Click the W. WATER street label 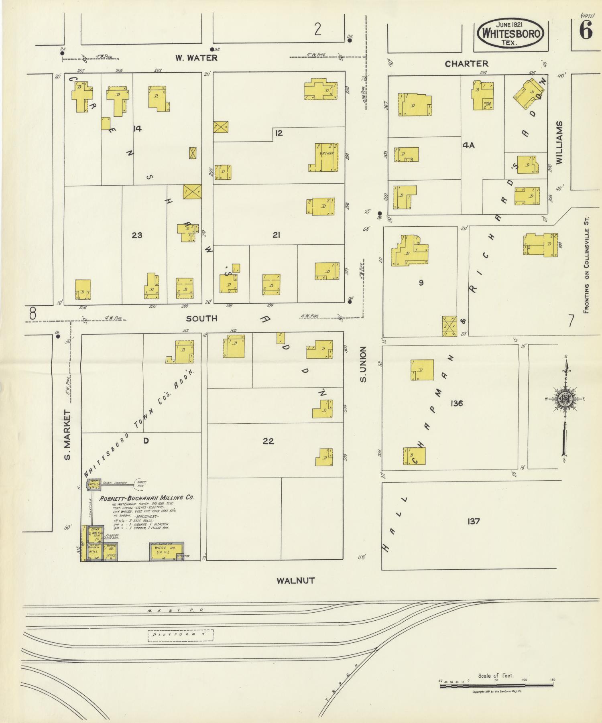(196, 58)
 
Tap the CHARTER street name (466, 63)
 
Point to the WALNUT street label (296, 580)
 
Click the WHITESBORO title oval (510, 33)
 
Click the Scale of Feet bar (496, 686)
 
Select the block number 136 (457, 403)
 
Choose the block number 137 (474, 521)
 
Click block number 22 (268, 441)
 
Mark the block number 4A (468, 146)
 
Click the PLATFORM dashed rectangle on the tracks (180, 636)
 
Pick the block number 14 (138, 129)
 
